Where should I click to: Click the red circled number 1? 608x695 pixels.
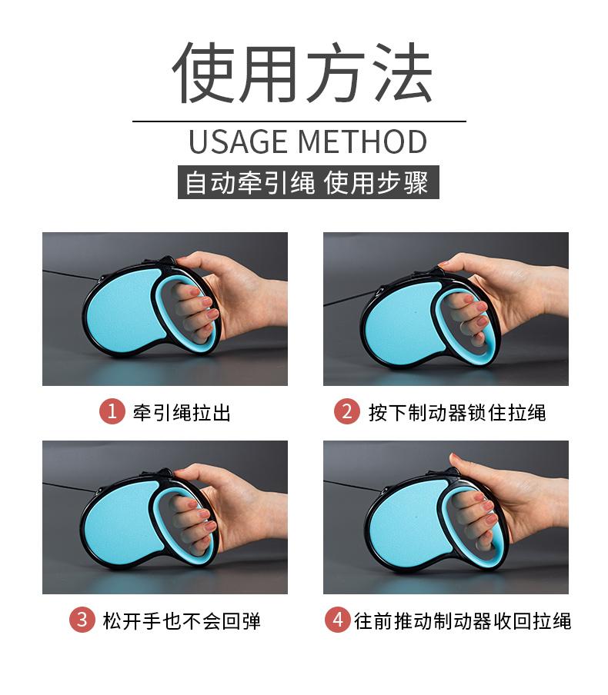click(x=112, y=411)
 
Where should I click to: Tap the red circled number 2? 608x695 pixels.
click(x=346, y=411)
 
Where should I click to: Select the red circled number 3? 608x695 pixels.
click(x=82, y=619)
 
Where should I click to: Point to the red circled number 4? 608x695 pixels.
click(x=338, y=619)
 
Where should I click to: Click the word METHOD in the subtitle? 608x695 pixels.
click(x=362, y=141)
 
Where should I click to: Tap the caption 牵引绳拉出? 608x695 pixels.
click(x=182, y=412)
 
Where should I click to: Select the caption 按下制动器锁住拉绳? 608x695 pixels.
click(x=457, y=412)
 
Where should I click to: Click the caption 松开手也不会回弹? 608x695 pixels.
click(x=182, y=620)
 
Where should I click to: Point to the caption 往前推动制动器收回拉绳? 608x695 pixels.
click(x=463, y=620)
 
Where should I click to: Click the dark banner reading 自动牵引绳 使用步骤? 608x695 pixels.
click(x=309, y=182)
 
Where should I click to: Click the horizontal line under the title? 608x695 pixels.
click(x=299, y=121)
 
